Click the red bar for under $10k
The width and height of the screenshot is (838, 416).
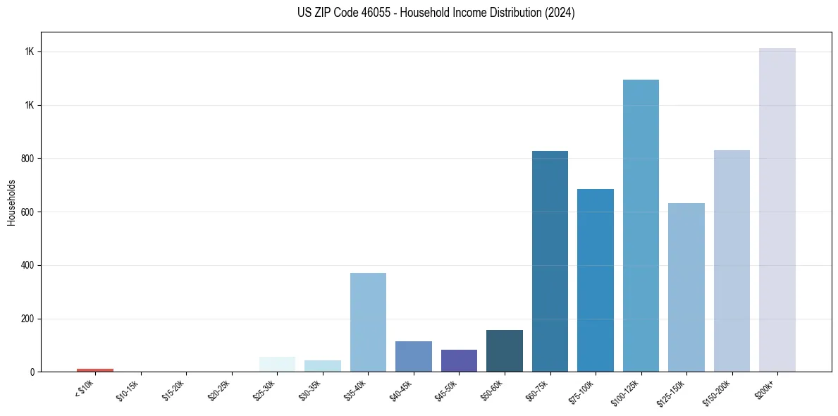pyautogui.click(x=95, y=369)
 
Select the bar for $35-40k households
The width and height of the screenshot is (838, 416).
pyautogui.click(x=368, y=322)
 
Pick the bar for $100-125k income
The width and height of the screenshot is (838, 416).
pyautogui.click(x=641, y=226)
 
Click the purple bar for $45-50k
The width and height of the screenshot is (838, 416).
pyautogui.click(x=459, y=360)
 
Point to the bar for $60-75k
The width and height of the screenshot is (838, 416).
pyautogui.click(x=550, y=261)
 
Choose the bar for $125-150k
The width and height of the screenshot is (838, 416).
pyautogui.click(x=686, y=287)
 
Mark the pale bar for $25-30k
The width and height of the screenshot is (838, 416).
pyautogui.click(x=277, y=364)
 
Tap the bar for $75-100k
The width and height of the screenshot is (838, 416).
pyautogui.click(x=595, y=280)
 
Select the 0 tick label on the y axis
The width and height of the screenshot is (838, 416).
pyautogui.click(x=32, y=372)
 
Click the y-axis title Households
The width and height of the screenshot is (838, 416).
pyautogui.click(x=11, y=202)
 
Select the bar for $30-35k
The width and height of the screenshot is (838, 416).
pyautogui.click(x=323, y=366)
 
